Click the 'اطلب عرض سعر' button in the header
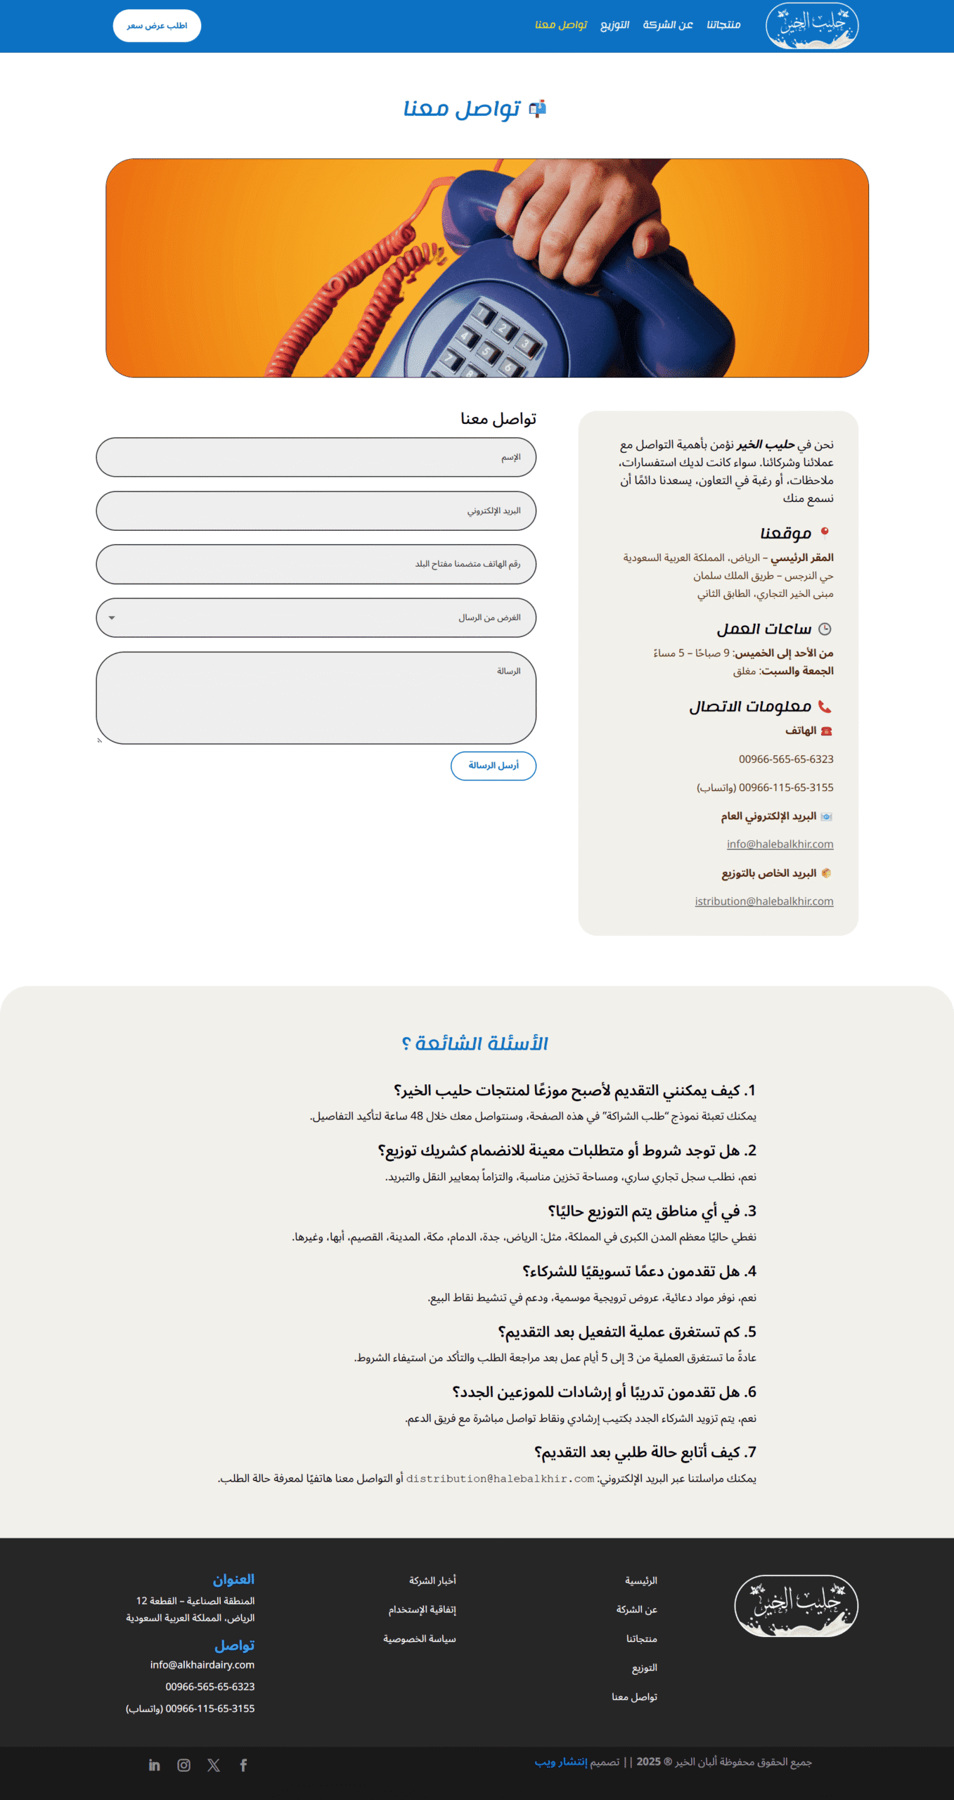pos(157,26)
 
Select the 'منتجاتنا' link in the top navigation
pos(723,25)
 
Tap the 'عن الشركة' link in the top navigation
pos(668,25)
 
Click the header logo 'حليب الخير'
pos(812,26)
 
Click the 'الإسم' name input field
pos(316,457)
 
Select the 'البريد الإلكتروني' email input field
pos(316,510)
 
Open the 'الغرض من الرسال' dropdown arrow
pos(112,618)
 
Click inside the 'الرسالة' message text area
pos(316,697)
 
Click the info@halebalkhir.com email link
pos(780,844)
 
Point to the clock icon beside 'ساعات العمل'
pos(825,629)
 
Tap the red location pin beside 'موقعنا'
pos(825,532)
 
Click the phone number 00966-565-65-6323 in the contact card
pos(786,759)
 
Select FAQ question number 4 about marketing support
pos(639,1271)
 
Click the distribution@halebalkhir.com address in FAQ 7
pos(500,1479)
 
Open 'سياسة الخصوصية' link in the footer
pos(419,1639)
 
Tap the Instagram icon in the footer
pos(184,1766)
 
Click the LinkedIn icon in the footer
pos(155,1766)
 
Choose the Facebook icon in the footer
pos(243,1766)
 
